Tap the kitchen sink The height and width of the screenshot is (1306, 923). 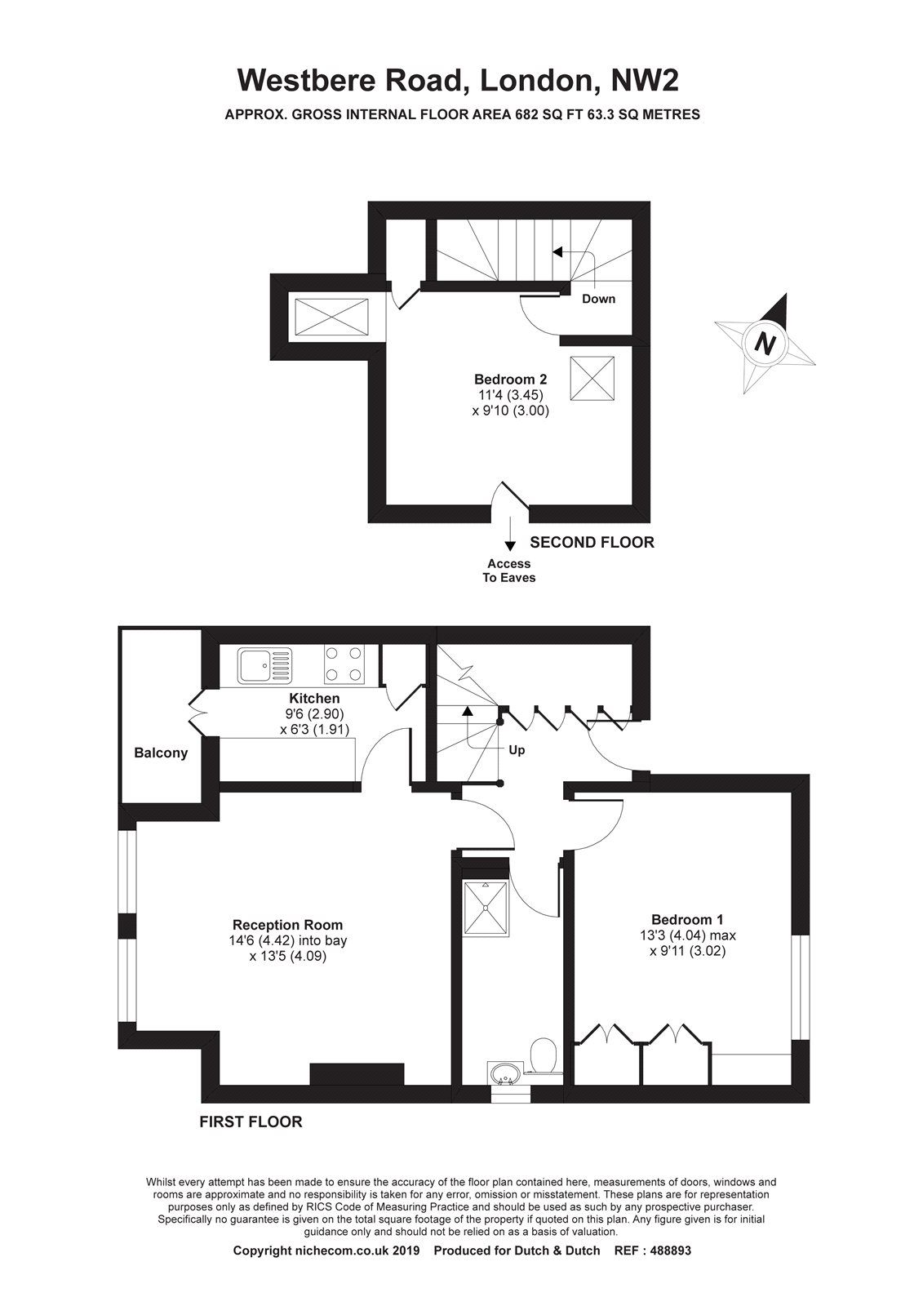click(264, 664)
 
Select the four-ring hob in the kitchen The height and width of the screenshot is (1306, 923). click(344, 664)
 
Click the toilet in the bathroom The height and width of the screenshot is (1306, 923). click(543, 1055)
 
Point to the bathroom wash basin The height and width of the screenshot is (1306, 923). click(504, 1075)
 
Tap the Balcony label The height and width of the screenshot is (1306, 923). click(161, 753)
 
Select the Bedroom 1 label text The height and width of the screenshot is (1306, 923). click(687, 918)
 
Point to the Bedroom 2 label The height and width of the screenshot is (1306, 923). click(510, 379)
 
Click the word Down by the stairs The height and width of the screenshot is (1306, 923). click(598, 299)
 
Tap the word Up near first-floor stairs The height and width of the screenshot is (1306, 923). click(517, 750)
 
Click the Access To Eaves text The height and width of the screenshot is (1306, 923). click(509, 571)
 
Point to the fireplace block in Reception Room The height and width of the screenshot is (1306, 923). click(357, 1074)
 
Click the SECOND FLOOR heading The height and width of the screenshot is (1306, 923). click(592, 542)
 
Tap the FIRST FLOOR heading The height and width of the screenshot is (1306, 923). click(251, 1122)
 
